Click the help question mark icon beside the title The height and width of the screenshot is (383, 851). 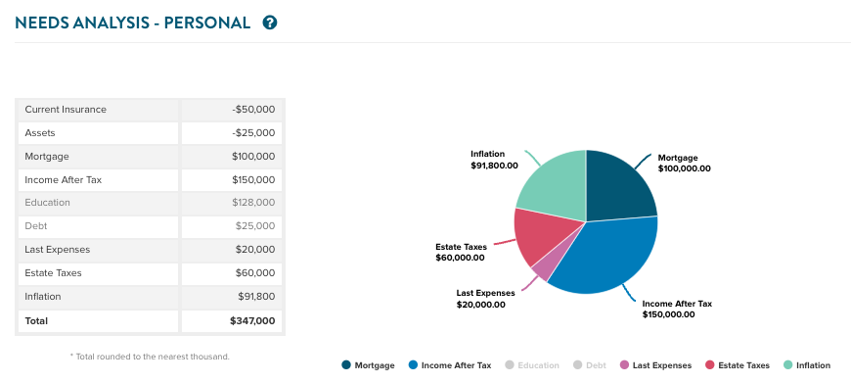270,23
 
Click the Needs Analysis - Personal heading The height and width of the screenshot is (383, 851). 133,23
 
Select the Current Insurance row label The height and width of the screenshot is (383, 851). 66,110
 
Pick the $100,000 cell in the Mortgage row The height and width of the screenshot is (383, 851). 253,157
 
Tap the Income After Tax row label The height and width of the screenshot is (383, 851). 64,180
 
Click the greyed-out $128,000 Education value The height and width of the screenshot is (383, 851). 253,203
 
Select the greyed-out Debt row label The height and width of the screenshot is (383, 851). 36,226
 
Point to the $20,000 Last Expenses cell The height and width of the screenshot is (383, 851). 255,250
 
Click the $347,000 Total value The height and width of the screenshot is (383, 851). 252,320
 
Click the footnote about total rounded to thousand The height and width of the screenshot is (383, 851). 150,357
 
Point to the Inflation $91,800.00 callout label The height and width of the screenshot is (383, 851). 494,160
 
